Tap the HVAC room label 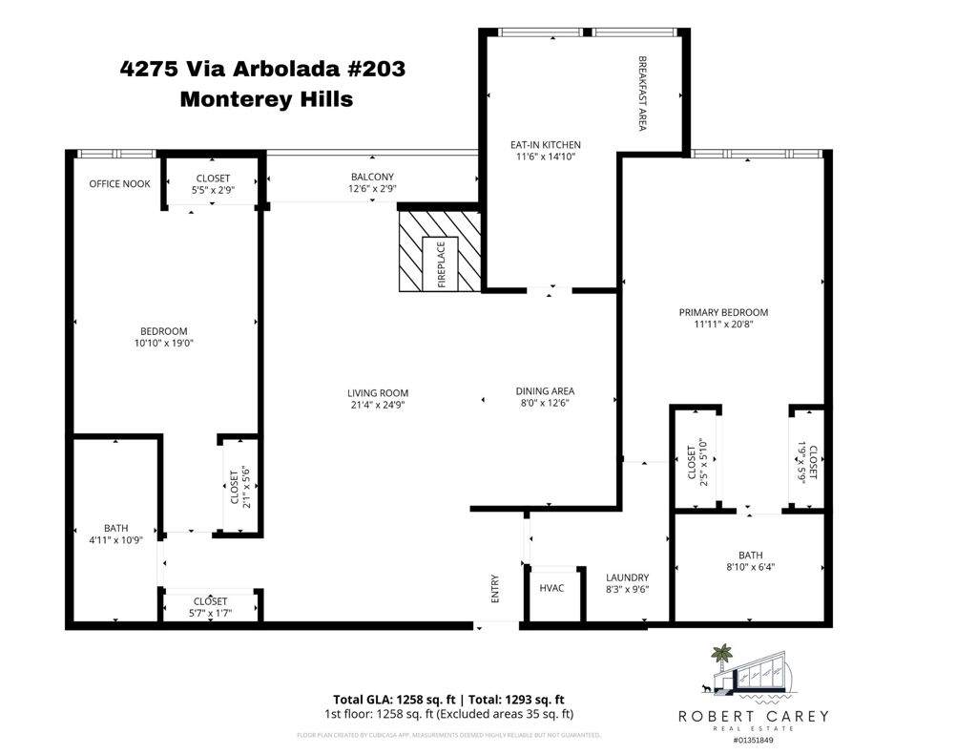tap(551, 588)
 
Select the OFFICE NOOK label tap(119, 183)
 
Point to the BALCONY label tap(372, 177)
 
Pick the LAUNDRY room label tap(627, 577)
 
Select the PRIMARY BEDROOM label tap(723, 312)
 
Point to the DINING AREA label tap(545, 390)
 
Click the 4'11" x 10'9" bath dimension tap(115, 540)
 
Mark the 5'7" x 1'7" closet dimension tap(210, 613)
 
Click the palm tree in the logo tap(722, 656)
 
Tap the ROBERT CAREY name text tap(753, 716)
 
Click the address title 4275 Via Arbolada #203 tap(262, 69)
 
